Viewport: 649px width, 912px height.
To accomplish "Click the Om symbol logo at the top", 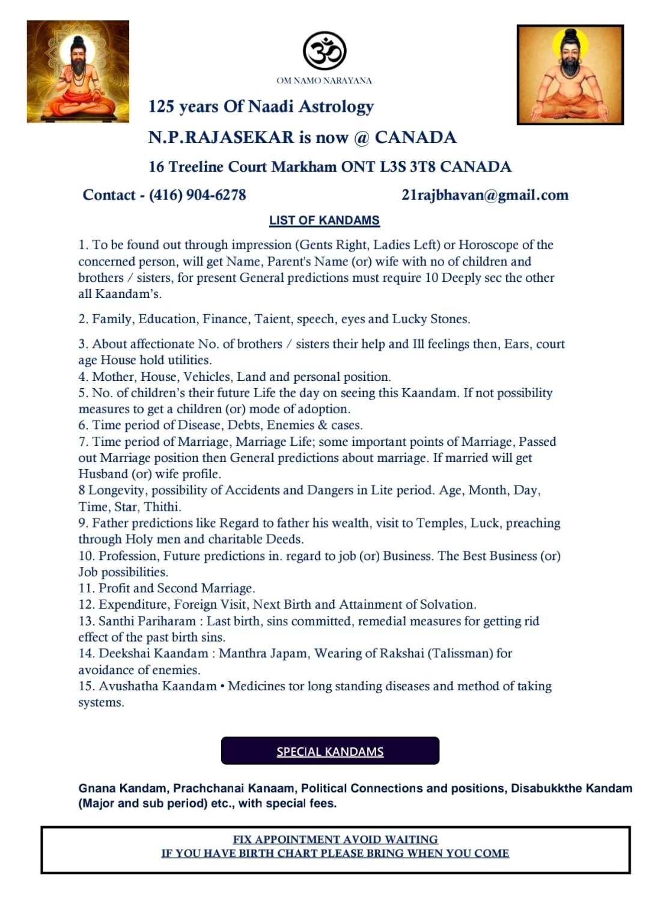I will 324,51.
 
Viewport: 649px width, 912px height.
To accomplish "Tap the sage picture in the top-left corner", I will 78,71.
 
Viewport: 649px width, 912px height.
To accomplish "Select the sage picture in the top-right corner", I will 570,74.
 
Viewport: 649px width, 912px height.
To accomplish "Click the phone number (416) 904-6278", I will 197,195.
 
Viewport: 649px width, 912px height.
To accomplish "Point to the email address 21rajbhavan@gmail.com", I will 484,195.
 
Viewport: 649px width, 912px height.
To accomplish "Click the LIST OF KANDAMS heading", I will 324,220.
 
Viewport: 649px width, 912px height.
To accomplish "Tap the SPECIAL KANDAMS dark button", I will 330,751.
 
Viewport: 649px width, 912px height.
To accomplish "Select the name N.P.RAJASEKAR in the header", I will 221,138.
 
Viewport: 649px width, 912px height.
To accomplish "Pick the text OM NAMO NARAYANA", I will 324,81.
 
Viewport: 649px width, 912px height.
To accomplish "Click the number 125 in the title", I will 161,107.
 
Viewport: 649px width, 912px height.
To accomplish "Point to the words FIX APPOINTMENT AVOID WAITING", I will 335,839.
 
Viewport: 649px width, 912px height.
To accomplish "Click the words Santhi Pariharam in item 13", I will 147,621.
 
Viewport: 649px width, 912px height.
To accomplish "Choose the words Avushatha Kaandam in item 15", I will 157,686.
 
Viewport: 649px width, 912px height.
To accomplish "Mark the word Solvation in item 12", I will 447,604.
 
